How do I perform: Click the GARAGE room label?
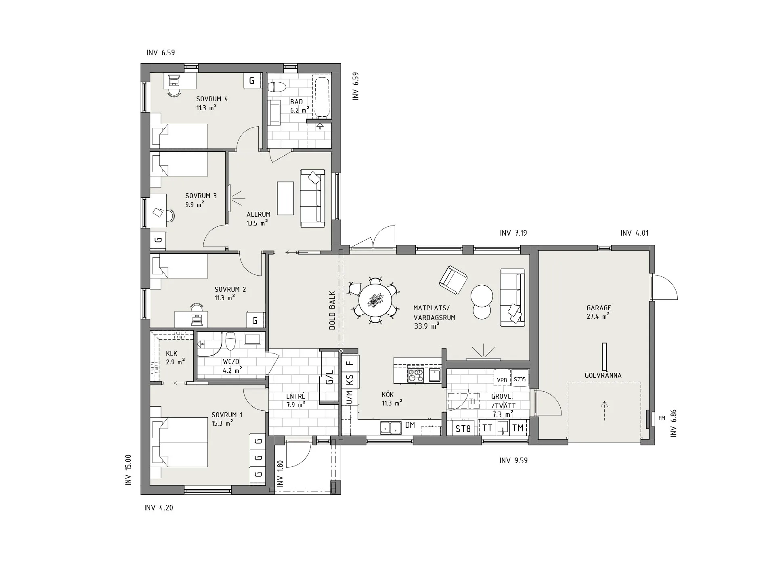click(x=599, y=308)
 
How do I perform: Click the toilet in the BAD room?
click(x=277, y=87)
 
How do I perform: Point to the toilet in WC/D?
click(x=230, y=341)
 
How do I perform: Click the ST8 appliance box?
click(x=463, y=428)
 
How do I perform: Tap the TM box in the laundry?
click(x=518, y=428)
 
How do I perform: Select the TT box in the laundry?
click(x=487, y=428)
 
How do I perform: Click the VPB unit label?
click(x=502, y=380)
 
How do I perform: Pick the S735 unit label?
click(x=520, y=379)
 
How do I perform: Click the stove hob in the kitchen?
click(x=416, y=375)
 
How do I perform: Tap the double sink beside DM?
click(x=390, y=428)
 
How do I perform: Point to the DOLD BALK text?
click(x=332, y=310)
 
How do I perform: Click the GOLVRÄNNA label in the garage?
click(x=603, y=375)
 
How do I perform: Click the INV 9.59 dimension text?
click(x=513, y=460)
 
